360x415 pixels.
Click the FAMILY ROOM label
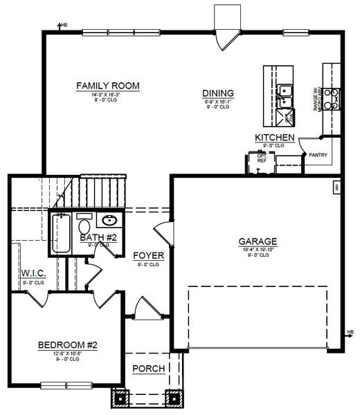[107, 86]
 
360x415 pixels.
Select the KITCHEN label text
[275, 138]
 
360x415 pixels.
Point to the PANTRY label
[318, 156]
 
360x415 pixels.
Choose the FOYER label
[149, 255]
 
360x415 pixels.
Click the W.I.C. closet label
[33, 273]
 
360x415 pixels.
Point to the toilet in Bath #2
[84, 225]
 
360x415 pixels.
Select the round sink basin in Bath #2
[109, 221]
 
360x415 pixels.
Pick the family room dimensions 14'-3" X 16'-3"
[107, 95]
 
